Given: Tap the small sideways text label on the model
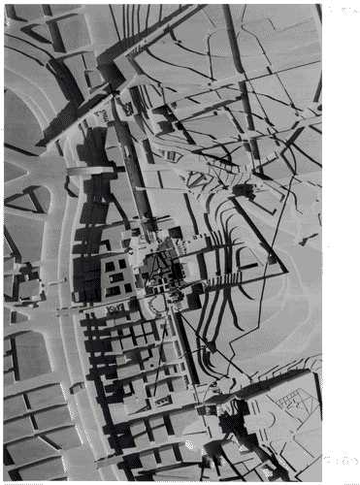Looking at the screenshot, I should coord(117,308).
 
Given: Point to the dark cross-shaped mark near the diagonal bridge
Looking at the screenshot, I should coord(115,93).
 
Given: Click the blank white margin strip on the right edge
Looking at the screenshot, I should coord(341,242).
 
